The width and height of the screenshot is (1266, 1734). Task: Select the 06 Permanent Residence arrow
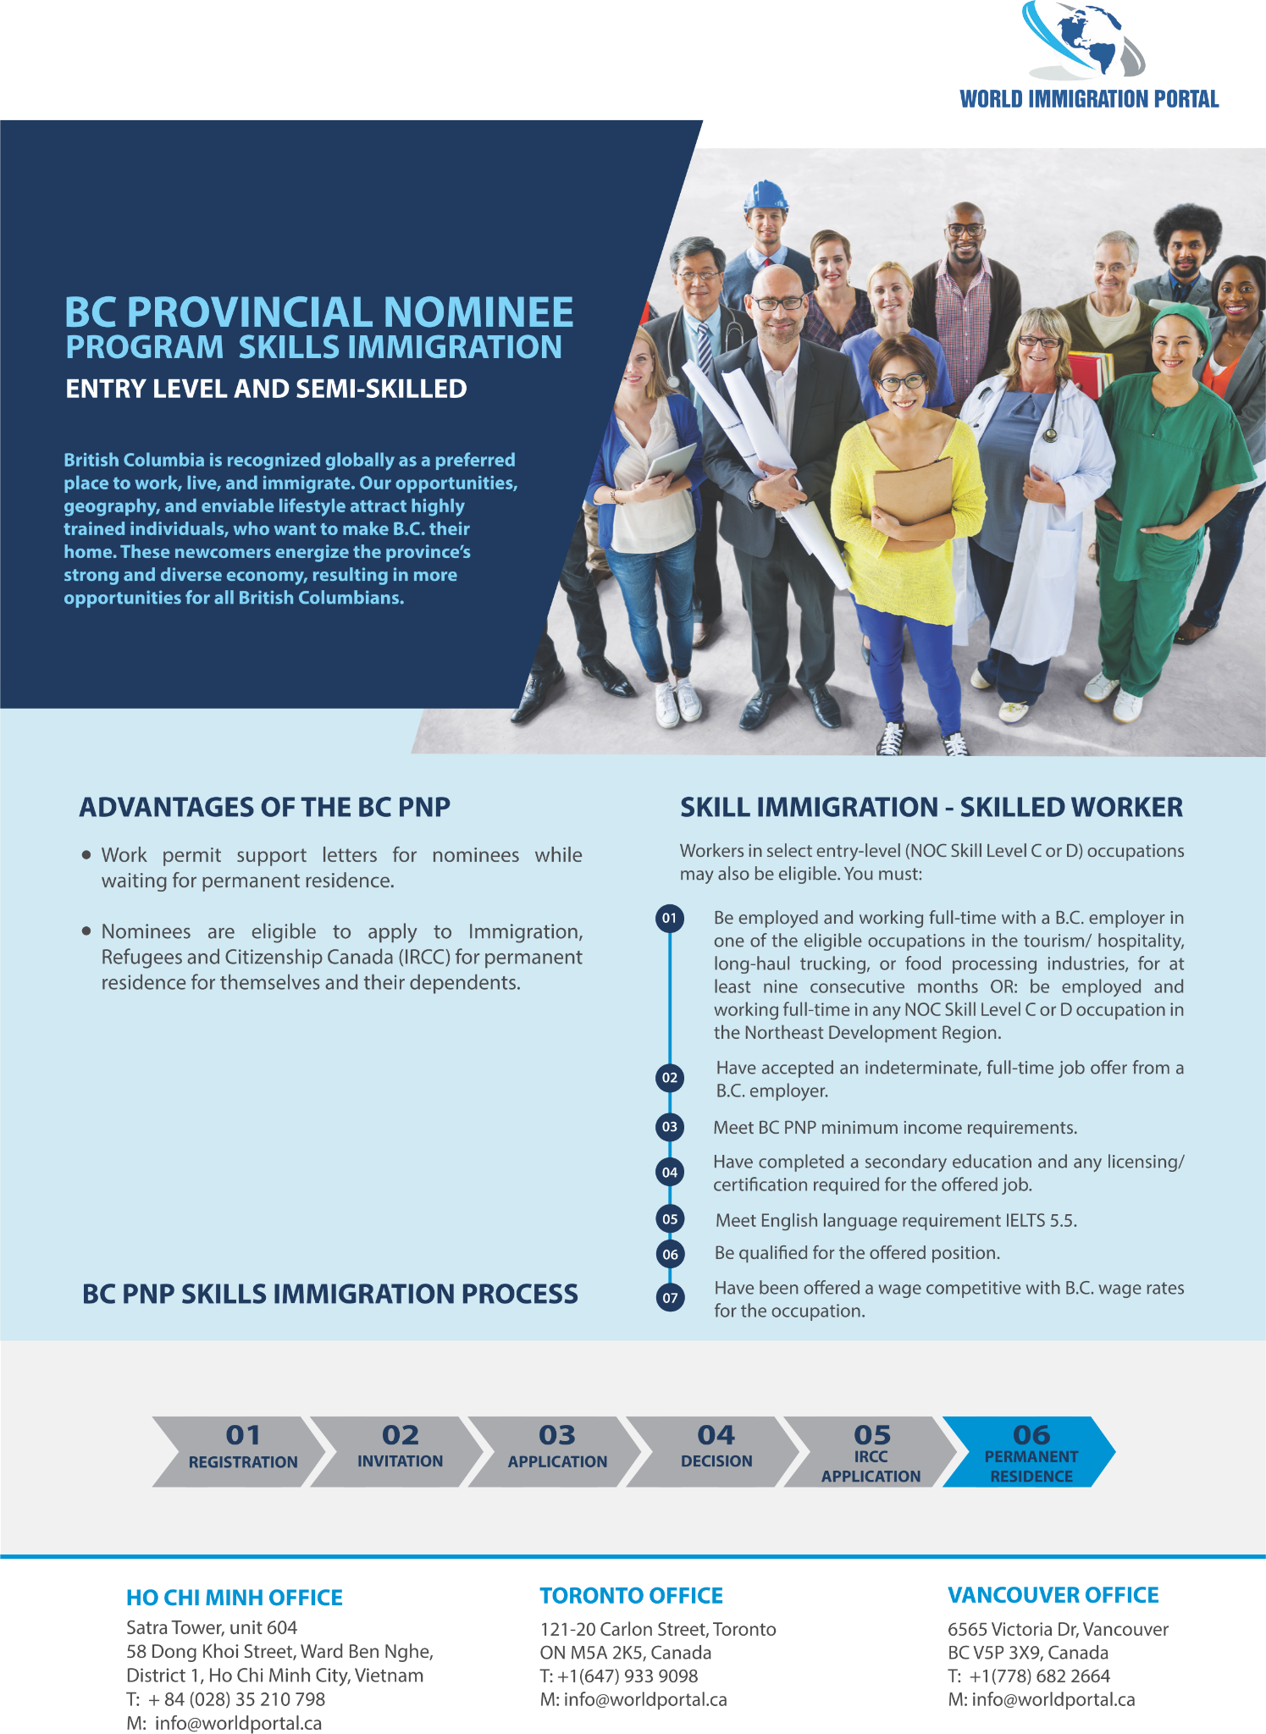pyautogui.click(x=1030, y=1451)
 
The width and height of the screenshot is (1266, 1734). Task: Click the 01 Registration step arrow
pyautogui.click(x=240, y=1451)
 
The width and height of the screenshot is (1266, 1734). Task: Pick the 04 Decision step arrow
pyautogui.click(x=715, y=1451)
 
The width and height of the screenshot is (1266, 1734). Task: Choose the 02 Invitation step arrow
pyautogui.click(x=399, y=1451)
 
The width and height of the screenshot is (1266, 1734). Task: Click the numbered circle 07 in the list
pyautogui.click(x=670, y=1298)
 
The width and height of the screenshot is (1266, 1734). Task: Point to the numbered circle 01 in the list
pyautogui.click(x=670, y=919)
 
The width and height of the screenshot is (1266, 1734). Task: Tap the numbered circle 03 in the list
pyautogui.click(x=670, y=1127)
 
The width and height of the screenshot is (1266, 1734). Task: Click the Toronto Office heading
pyautogui.click(x=632, y=1596)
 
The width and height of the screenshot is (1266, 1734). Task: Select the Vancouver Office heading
pyautogui.click(x=1053, y=1596)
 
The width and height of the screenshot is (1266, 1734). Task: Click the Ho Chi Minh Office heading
pyautogui.click(x=235, y=1598)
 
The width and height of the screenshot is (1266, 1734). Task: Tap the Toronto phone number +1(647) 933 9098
pyautogui.click(x=628, y=1676)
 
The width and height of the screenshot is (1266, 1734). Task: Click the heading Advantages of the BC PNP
pyautogui.click(x=265, y=807)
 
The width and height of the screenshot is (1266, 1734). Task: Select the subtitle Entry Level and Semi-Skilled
pyautogui.click(x=267, y=389)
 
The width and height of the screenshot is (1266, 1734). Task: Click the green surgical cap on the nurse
pyautogui.click(x=1179, y=319)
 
